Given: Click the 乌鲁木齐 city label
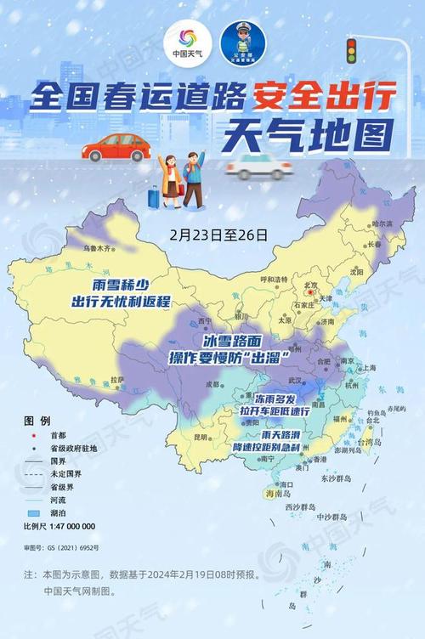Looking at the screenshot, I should [x=97, y=249].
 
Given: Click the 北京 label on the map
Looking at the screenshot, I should [x=315, y=286].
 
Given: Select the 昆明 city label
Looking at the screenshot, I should [x=200, y=437].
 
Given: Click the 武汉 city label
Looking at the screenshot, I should [x=296, y=380].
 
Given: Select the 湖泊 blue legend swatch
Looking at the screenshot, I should [x=35, y=513].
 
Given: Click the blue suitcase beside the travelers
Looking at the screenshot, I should [x=153, y=197].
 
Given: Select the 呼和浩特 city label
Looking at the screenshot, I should [x=275, y=280].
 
